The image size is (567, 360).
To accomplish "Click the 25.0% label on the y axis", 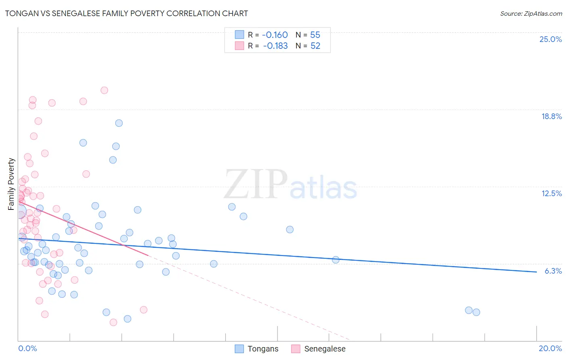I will (x=550, y=39).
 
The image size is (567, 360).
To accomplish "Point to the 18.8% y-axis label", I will (x=551, y=116).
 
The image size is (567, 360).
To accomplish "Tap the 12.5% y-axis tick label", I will (x=551, y=193).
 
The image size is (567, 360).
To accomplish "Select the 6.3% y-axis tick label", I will (x=553, y=271).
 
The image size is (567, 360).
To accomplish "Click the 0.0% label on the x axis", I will (x=27, y=348).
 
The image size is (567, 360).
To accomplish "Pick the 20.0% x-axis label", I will (x=550, y=348).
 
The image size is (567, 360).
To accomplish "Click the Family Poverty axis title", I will (x=11, y=184).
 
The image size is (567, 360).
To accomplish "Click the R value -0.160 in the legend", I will (x=275, y=35).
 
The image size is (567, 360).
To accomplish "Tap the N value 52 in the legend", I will (x=315, y=46).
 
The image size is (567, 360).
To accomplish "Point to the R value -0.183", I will (x=275, y=46).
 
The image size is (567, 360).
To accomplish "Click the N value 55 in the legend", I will (x=315, y=35).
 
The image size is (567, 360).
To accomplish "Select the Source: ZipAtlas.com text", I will (x=531, y=13).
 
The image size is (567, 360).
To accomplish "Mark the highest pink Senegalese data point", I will (x=104, y=90).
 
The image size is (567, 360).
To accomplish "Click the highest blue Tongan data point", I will (x=119, y=123).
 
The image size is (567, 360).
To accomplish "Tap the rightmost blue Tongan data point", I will (x=476, y=312).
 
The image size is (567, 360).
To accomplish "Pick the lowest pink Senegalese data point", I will (x=113, y=322).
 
